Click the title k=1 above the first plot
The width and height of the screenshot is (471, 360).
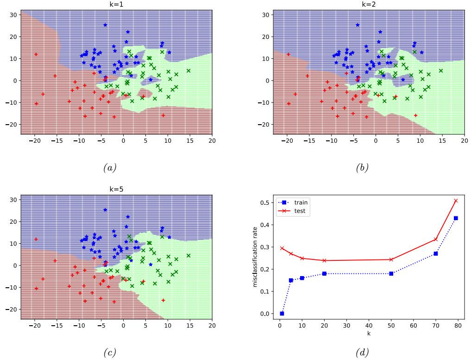pos(116,4)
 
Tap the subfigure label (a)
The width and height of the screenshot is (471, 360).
pos(116,168)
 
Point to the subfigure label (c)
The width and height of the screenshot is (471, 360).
pos(116,354)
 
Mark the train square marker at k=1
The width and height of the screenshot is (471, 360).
pos(282,314)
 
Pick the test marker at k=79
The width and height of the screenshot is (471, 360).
pos(456,201)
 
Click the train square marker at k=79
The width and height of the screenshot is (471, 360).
pos(456,218)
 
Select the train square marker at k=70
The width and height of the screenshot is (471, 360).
pos(436,253)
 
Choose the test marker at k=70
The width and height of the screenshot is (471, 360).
pos(436,239)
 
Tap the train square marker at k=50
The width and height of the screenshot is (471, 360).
pos(391,273)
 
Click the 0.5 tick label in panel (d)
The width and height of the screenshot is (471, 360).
pos(265,202)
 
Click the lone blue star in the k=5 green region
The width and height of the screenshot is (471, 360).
pos(151,265)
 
